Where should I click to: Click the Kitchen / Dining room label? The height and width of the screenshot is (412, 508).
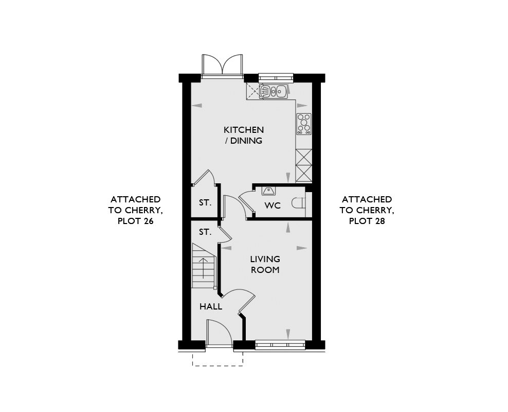point(243,135)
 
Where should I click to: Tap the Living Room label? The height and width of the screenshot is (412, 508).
point(265,264)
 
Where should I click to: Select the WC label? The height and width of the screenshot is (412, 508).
point(273,205)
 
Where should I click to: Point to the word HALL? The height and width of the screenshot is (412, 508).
point(211,306)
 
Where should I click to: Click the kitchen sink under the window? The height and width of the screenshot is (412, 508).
point(273,91)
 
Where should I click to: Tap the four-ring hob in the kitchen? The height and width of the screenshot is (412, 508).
point(304,124)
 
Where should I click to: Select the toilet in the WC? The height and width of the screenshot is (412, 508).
point(298,203)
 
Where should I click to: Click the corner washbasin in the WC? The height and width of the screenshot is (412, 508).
point(268,192)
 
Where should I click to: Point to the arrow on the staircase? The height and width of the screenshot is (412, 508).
point(203,268)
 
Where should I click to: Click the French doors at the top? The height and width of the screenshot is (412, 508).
point(222,66)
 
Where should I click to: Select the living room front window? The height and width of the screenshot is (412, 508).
point(280,345)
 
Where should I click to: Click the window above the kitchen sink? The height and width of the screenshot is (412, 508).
point(276,78)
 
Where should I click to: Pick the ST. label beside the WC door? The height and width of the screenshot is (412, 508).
point(205,203)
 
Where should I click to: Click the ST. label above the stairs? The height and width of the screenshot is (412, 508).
point(205,232)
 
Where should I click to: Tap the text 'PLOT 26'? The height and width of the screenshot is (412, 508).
point(135,221)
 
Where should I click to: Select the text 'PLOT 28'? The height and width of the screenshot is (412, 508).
point(367,221)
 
